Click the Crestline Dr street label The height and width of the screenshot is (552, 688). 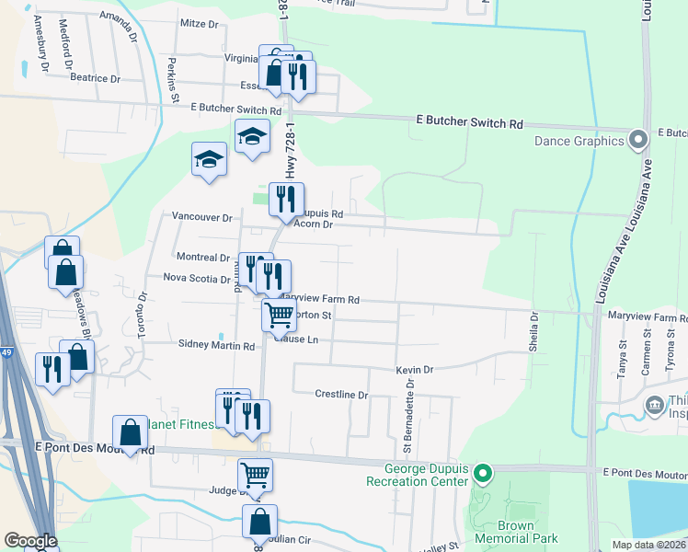341,395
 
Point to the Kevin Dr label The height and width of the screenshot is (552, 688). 414,369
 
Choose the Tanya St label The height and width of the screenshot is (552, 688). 622,358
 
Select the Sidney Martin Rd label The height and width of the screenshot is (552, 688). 215,346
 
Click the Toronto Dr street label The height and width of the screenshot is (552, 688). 143,316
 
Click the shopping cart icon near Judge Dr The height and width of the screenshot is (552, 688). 255,476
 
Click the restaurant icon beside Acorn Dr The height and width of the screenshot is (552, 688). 286,199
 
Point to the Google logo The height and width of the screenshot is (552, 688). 31,541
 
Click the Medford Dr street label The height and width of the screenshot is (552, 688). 66,45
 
